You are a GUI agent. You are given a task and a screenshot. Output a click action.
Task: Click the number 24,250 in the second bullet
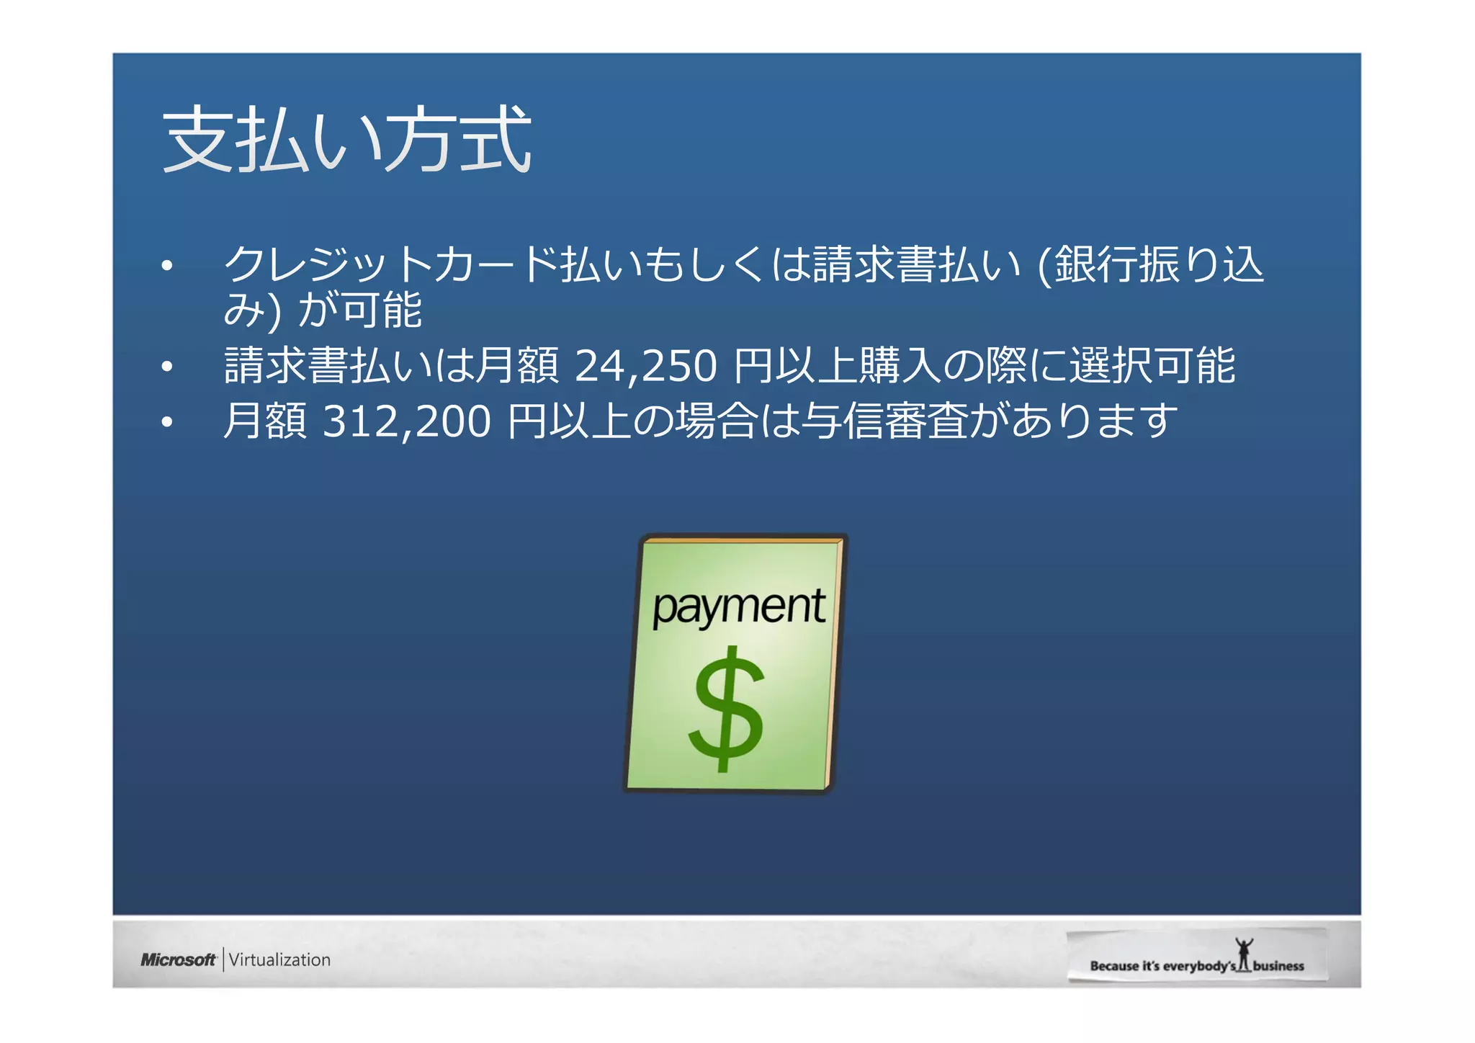645,365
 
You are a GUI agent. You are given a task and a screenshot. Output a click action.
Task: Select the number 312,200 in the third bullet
406,421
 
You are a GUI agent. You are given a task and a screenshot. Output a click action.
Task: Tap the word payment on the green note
738,608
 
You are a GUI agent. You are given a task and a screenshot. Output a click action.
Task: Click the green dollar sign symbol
726,709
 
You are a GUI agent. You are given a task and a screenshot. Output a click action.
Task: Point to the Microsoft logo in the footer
178,959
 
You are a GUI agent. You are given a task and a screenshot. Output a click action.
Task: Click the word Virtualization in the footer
279,959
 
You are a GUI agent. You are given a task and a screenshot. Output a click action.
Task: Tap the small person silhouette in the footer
1244,954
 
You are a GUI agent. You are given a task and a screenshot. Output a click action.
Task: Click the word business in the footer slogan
1278,966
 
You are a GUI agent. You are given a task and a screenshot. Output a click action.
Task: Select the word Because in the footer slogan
1114,966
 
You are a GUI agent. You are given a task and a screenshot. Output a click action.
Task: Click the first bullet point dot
167,266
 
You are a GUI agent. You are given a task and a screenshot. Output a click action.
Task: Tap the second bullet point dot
167,367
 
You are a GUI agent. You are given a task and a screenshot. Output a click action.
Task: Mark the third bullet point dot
167,422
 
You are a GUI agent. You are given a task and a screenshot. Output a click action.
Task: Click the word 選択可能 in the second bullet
1152,365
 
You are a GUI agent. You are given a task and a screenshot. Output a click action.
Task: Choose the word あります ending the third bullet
1095,421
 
